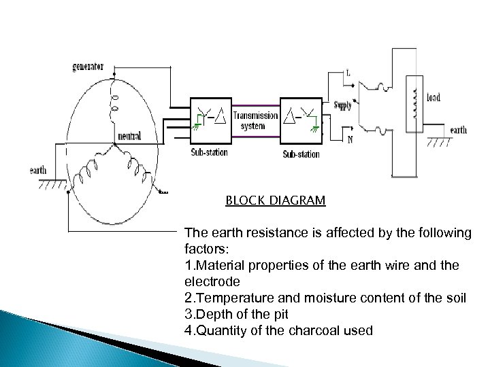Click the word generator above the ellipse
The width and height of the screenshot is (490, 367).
(88, 67)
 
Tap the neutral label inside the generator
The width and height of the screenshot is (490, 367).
(129, 136)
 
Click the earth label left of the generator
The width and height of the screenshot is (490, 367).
(38, 170)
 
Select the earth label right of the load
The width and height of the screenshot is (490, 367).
(458, 130)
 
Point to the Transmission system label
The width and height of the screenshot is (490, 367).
(255, 120)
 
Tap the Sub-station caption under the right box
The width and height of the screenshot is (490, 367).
(301, 154)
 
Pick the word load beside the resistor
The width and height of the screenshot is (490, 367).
(433, 97)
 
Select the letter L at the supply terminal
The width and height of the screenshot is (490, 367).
(348, 73)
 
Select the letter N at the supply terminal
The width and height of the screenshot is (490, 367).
(349, 139)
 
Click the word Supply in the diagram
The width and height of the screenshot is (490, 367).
(343, 105)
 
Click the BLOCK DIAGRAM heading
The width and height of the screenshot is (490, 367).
(276, 201)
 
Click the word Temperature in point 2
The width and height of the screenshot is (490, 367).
(229, 298)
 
